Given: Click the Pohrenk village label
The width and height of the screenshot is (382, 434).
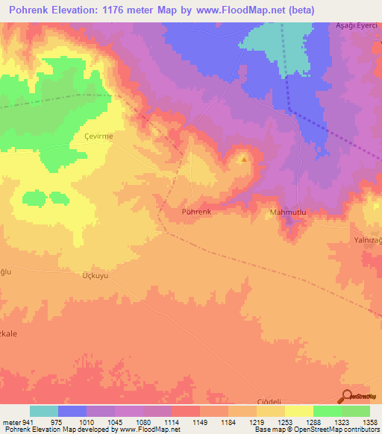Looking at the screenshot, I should pos(197,212).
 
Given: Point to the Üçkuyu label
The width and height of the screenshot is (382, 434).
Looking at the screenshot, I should pos(95,275).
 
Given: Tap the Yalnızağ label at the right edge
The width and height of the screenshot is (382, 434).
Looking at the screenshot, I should pos(366,242).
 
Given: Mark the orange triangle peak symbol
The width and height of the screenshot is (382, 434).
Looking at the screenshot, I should pos(242,158).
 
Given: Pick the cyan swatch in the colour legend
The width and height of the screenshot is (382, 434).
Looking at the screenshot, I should pos(44,411).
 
